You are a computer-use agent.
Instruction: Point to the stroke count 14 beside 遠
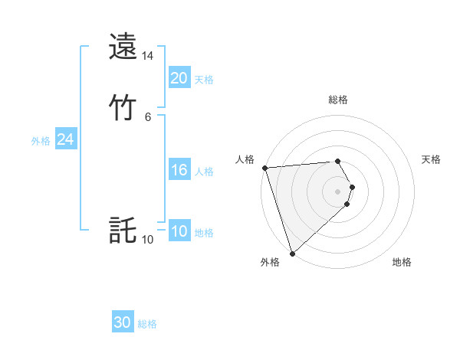click(147, 57)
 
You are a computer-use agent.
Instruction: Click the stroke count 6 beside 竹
click(147, 116)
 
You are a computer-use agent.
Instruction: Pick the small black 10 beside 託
click(147, 240)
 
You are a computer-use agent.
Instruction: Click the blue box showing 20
click(179, 77)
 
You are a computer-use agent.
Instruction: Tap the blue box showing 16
click(179, 170)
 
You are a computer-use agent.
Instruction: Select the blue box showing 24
click(65, 139)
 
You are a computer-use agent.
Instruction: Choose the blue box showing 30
click(123, 322)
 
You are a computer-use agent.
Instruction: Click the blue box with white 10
click(179, 231)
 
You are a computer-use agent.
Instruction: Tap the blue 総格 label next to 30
click(147, 324)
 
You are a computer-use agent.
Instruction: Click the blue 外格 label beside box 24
click(41, 141)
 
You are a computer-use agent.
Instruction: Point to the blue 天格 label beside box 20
click(203, 79)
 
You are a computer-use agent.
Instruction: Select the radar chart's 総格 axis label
click(337, 100)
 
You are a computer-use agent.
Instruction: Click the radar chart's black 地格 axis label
click(402, 262)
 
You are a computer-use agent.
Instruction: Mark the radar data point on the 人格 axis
click(264, 168)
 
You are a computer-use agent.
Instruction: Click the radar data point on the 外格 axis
click(292, 253)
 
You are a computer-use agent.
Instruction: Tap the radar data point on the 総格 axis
click(337, 161)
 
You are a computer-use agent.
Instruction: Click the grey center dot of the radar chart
click(337, 191)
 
